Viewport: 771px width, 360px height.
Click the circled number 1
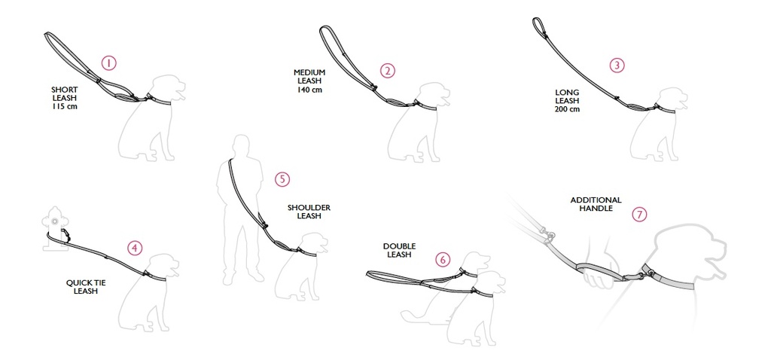point(108,63)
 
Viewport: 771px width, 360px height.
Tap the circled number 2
point(388,71)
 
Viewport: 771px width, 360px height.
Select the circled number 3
point(617,66)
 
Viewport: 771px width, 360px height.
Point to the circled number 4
point(135,249)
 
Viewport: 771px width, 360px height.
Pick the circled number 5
point(282,179)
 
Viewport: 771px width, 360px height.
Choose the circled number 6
point(443,259)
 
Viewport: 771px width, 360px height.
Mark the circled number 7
point(639,215)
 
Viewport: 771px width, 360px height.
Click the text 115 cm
point(65,106)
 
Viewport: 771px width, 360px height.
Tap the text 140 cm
point(309,90)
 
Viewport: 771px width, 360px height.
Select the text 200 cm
point(567,108)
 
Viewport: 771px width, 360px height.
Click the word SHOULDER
point(309,208)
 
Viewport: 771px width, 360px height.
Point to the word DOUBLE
point(399,246)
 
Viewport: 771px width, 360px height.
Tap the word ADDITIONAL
point(596,200)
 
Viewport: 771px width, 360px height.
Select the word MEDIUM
point(309,72)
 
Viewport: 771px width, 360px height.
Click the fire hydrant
point(55,228)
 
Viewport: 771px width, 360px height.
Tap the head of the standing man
point(242,146)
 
